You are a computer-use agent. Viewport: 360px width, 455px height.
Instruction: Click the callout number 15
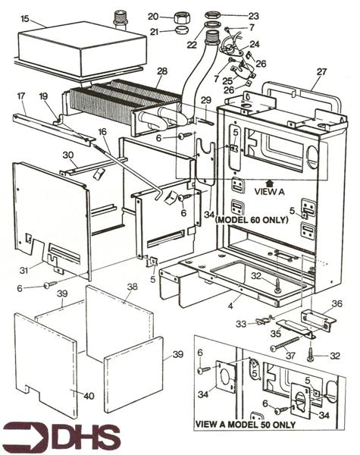[25, 19]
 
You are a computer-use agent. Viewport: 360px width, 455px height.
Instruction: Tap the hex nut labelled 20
[181, 17]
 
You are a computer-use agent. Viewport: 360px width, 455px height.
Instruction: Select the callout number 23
[253, 16]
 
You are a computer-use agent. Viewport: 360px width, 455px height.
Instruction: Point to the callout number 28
[162, 71]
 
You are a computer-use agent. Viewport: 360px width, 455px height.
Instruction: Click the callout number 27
[321, 71]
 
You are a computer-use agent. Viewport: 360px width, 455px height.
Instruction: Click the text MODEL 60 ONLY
[252, 220]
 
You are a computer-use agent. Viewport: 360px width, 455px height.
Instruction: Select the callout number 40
[89, 396]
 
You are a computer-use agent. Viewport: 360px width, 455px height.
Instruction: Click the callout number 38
[132, 287]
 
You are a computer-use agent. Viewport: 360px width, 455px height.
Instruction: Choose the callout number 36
[337, 303]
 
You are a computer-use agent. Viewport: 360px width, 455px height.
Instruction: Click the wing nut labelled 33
[265, 319]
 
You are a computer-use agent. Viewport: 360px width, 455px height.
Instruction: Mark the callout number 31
[25, 271]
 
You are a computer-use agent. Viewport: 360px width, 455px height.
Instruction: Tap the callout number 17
[21, 96]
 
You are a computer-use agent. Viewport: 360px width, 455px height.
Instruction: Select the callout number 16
[102, 132]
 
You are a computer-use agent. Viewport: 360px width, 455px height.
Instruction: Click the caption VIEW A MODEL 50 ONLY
[246, 425]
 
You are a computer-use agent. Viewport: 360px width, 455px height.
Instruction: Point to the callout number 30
[68, 155]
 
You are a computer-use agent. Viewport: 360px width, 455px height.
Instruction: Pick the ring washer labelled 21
[182, 30]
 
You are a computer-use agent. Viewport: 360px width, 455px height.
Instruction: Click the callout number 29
[206, 100]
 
